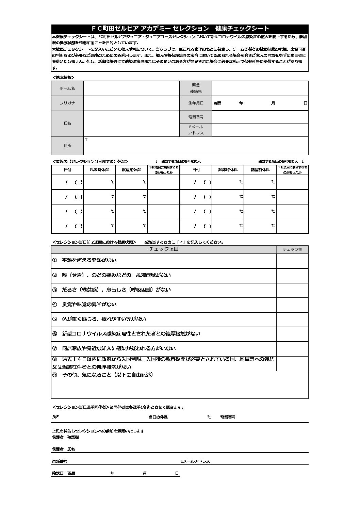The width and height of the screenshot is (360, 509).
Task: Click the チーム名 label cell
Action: (x=67, y=88)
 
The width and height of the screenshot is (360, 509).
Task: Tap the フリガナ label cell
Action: (x=67, y=103)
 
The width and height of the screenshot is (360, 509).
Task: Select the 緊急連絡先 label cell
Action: (x=196, y=88)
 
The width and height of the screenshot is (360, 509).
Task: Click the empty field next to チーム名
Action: (x=131, y=88)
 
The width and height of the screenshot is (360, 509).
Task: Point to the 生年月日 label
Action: (x=196, y=103)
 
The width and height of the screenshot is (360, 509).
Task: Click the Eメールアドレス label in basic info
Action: (x=196, y=130)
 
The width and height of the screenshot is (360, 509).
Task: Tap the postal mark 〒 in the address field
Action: (x=86, y=139)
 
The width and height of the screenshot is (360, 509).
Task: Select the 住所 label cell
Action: (x=67, y=146)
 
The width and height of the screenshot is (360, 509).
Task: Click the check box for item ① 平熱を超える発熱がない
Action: (x=292, y=261)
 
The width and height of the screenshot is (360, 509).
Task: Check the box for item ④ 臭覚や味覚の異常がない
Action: (x=292, y=305)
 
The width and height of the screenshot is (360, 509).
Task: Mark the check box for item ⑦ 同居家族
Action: (x=292, y=349)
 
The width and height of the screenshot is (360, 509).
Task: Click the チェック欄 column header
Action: (x=292, y=249)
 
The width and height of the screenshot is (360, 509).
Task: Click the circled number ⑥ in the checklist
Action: (x=54, y=334)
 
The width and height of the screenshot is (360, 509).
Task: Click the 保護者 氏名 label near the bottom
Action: (x=63, y=449)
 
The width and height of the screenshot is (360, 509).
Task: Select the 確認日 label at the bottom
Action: (x=57, y=473)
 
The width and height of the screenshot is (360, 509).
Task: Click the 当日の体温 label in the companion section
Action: (x=158, y=417)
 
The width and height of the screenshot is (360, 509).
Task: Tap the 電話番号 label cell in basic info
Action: (x=196, y=117)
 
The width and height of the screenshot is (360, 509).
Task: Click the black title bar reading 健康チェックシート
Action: (x=180, y=29)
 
